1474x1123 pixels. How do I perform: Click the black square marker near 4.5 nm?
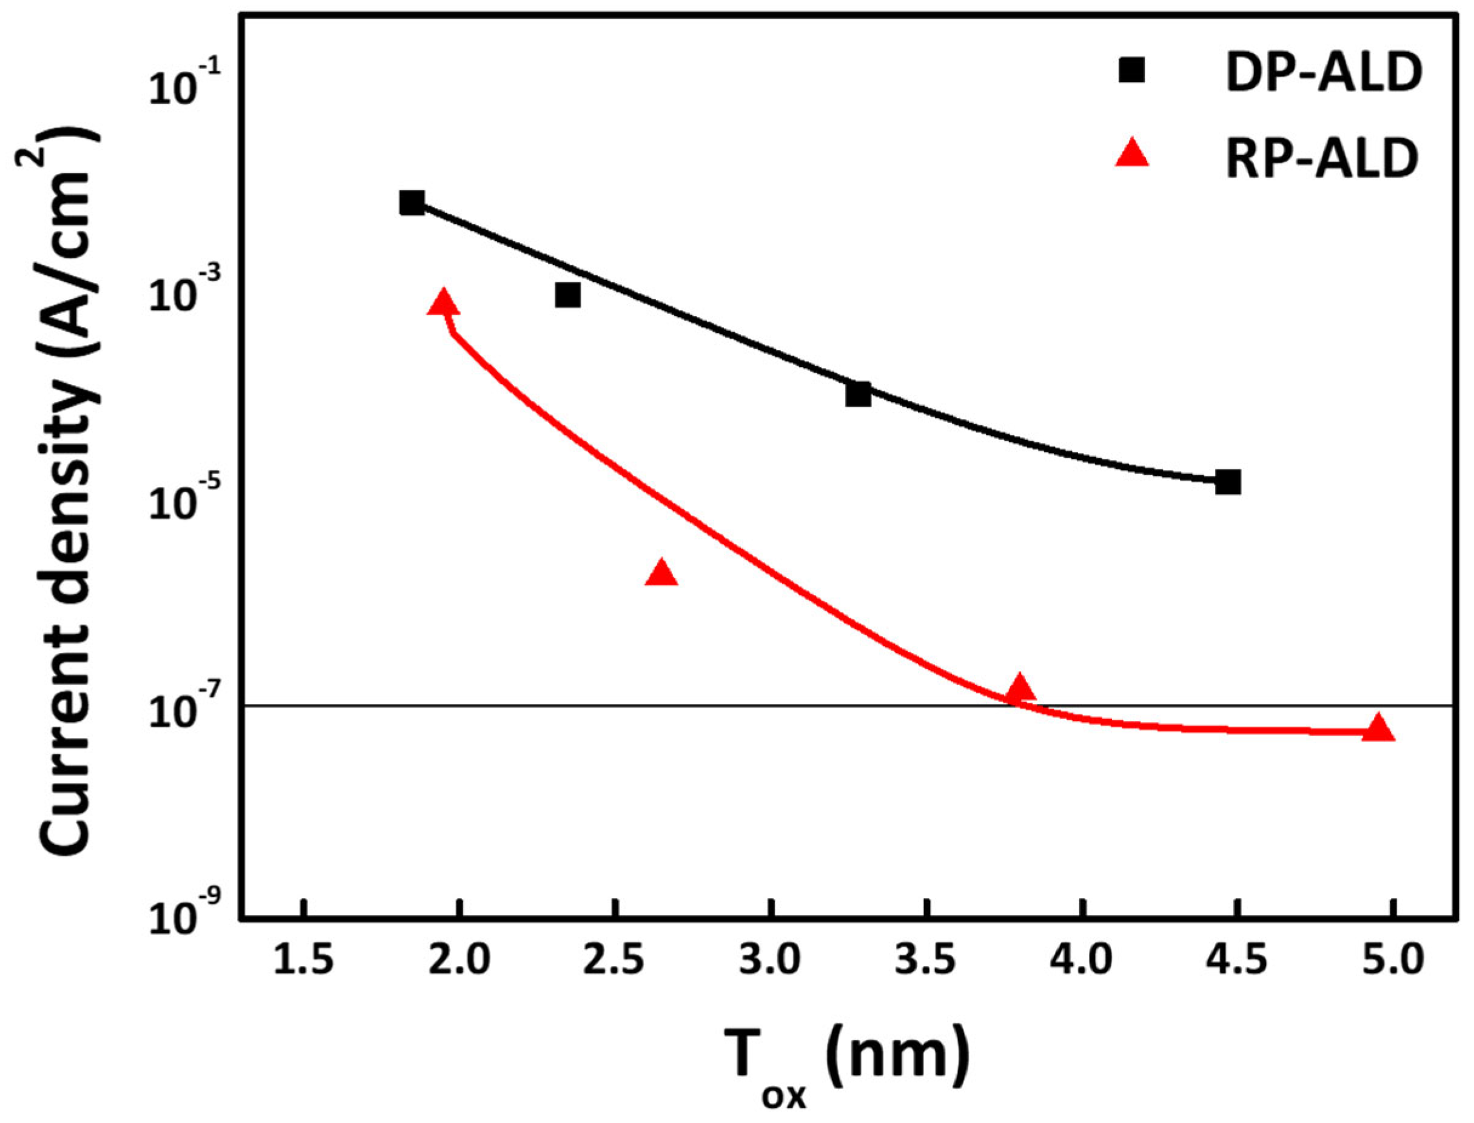tap(1228, 482)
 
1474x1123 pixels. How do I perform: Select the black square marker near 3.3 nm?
tap(859, 394)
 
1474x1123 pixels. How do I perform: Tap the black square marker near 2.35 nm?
tap(568, 295)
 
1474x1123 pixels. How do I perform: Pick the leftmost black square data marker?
tap(412, 203)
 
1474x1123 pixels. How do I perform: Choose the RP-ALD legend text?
tap(1322, 161)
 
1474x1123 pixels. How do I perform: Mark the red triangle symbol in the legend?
tap(1132, 154)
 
